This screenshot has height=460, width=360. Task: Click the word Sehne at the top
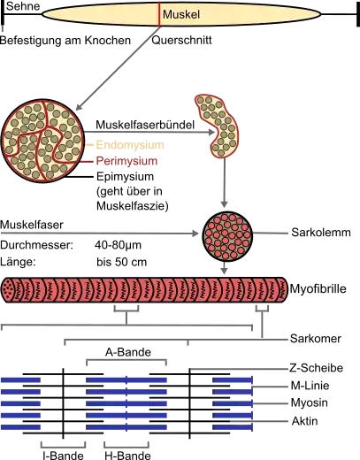[23, 6]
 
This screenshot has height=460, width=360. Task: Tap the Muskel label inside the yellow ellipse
[181, 14]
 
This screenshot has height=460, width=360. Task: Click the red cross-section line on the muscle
[160, 14]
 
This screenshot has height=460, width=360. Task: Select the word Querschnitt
[181, 40]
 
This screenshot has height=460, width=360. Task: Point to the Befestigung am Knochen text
[65, 41]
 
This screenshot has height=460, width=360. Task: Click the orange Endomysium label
[130, 145]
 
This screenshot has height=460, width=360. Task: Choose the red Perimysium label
[126, 161]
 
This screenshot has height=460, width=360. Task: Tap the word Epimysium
[126, 177]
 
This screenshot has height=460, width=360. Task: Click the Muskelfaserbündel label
[145, 125]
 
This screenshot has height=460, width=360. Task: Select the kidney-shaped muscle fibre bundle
[218, 126]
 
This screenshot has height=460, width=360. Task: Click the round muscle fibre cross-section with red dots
[227, 236]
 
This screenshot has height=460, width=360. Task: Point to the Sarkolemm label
[321, 233]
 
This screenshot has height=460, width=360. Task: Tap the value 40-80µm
[118, 245]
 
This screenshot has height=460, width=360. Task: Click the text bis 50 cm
[121, 262]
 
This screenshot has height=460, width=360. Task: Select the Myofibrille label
[318, 288]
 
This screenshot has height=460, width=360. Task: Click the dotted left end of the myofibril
[9, 290]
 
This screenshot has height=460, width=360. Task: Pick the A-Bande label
[128, 352]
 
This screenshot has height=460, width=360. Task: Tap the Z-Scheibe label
[317, 368]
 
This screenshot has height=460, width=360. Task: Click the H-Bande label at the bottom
[127, 455]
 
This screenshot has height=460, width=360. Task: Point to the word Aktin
[305, 421]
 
